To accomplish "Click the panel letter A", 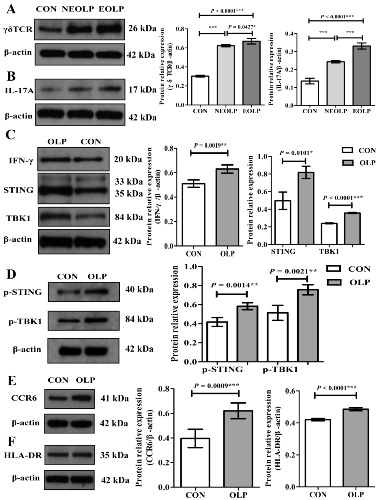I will [x=11, y=9].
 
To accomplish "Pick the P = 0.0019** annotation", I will [x=209, y=145].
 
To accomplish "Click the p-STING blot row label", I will [x=23, y=292].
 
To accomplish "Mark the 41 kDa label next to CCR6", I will [x=115, y=398].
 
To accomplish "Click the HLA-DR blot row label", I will [x=23, y=455].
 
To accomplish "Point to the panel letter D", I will [x=11, y=274].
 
